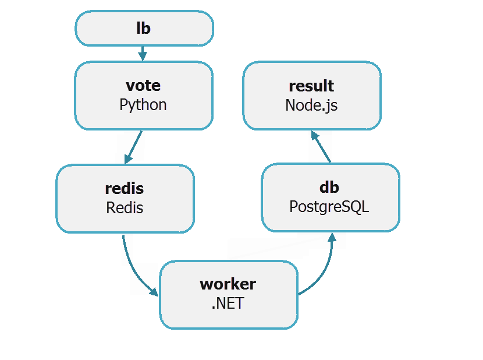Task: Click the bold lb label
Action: [x=143, y=28]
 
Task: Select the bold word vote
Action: [x=143, y=86]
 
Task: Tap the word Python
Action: [x=143, y=105]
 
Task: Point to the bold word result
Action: [x=311, y=86]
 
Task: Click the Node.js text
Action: [x=311, y=105]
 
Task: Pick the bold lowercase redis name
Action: [x=124, y=189]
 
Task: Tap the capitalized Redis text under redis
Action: [x=125, y=208]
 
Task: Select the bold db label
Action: [x=329, y=188]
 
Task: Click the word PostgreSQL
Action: [x=329, y=207]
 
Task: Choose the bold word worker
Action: [x=228, y=284]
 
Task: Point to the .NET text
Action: [x=228, y=303]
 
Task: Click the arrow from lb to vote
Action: [x=143, y=53]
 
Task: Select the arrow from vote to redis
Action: [x=133, y=147]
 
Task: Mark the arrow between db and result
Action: [x=322, y=147]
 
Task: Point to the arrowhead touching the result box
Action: [x=314, y=135]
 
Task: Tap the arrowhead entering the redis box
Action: [x=126, y=160]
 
